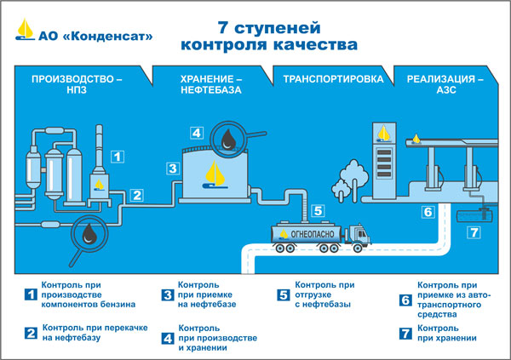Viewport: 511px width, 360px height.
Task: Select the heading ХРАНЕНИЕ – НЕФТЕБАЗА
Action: coord(211,85)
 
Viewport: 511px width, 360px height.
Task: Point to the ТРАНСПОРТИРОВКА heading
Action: coord(326,79)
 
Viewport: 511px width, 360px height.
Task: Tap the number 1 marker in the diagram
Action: coord(118,156)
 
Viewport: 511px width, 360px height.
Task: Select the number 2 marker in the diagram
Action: coord(136,194)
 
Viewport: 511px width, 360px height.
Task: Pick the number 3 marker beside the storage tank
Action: coord(172,169)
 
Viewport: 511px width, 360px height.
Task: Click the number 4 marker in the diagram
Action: coord(196,133)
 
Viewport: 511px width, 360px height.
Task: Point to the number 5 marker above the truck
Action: coord(317,210)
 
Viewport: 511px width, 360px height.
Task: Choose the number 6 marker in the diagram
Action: coord(428,212)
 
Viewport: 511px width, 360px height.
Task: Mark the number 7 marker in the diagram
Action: coord(474,232)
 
